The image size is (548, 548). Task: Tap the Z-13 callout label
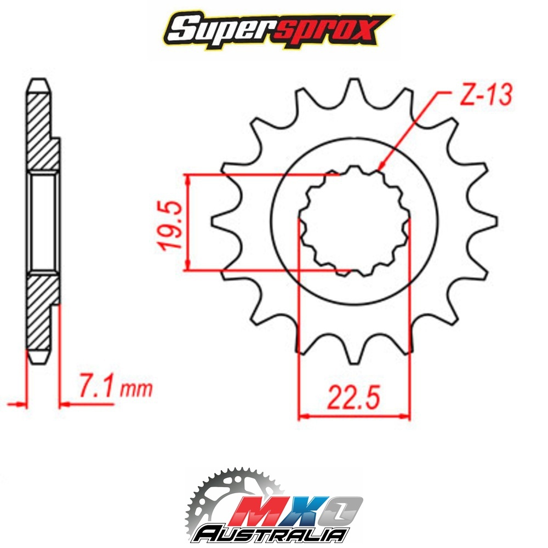tap(486, 94)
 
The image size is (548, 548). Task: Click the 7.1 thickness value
tap(95, 385)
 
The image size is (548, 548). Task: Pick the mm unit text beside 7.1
tap(136, 389)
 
